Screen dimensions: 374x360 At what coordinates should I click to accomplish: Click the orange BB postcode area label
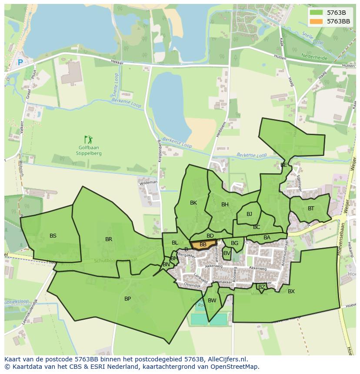203,245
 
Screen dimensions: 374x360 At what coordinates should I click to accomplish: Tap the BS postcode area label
53,236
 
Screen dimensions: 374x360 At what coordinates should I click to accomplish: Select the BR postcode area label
109,239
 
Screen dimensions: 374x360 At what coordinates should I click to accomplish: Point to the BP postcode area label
127,299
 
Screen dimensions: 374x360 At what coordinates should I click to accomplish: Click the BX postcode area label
291,291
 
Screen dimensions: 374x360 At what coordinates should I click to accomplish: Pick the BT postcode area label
311,209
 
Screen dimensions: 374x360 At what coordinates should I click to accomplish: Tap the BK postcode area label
193,203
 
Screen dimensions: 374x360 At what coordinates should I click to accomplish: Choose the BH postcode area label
225,205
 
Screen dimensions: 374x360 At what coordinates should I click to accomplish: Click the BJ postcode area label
249,214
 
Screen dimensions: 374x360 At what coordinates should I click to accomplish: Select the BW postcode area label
212,301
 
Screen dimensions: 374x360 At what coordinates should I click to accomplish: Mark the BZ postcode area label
261,287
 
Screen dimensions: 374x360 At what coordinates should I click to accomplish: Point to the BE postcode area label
283,165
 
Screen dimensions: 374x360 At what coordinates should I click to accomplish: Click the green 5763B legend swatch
317,13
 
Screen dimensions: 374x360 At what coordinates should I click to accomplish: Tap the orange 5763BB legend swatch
317,21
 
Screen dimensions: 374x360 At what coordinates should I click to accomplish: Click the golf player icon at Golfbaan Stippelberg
89,139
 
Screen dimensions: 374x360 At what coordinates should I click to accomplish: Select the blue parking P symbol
20,63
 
